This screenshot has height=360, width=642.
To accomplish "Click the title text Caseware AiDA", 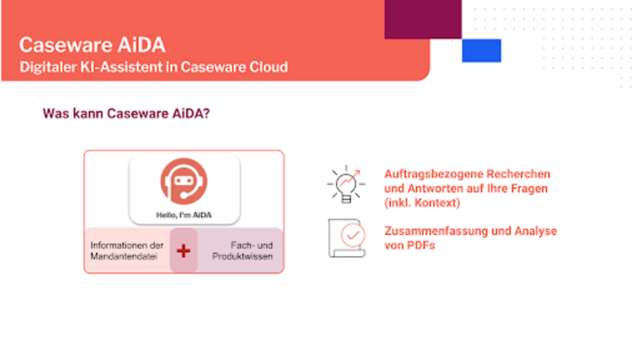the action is coord(92,45).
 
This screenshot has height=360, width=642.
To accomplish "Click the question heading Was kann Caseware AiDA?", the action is coord(126,114).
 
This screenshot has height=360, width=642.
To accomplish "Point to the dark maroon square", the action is coord(423,19).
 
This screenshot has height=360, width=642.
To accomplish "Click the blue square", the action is coord(481,50).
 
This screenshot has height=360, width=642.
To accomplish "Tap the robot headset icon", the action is coord(184,181).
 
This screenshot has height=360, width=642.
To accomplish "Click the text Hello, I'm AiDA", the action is coord(184,215).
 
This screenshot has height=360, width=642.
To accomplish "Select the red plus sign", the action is coord(184,251).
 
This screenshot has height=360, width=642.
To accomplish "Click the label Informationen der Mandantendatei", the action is coord(127,251).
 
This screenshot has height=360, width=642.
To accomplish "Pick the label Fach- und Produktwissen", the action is coord(243,251).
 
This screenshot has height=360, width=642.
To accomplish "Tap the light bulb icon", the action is coord(346,184).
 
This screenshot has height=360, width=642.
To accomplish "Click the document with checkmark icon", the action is coord(347,238).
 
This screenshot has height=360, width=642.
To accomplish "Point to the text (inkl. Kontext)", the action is coord(422,203).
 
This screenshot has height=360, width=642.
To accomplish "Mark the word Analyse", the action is coord(536,231).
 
